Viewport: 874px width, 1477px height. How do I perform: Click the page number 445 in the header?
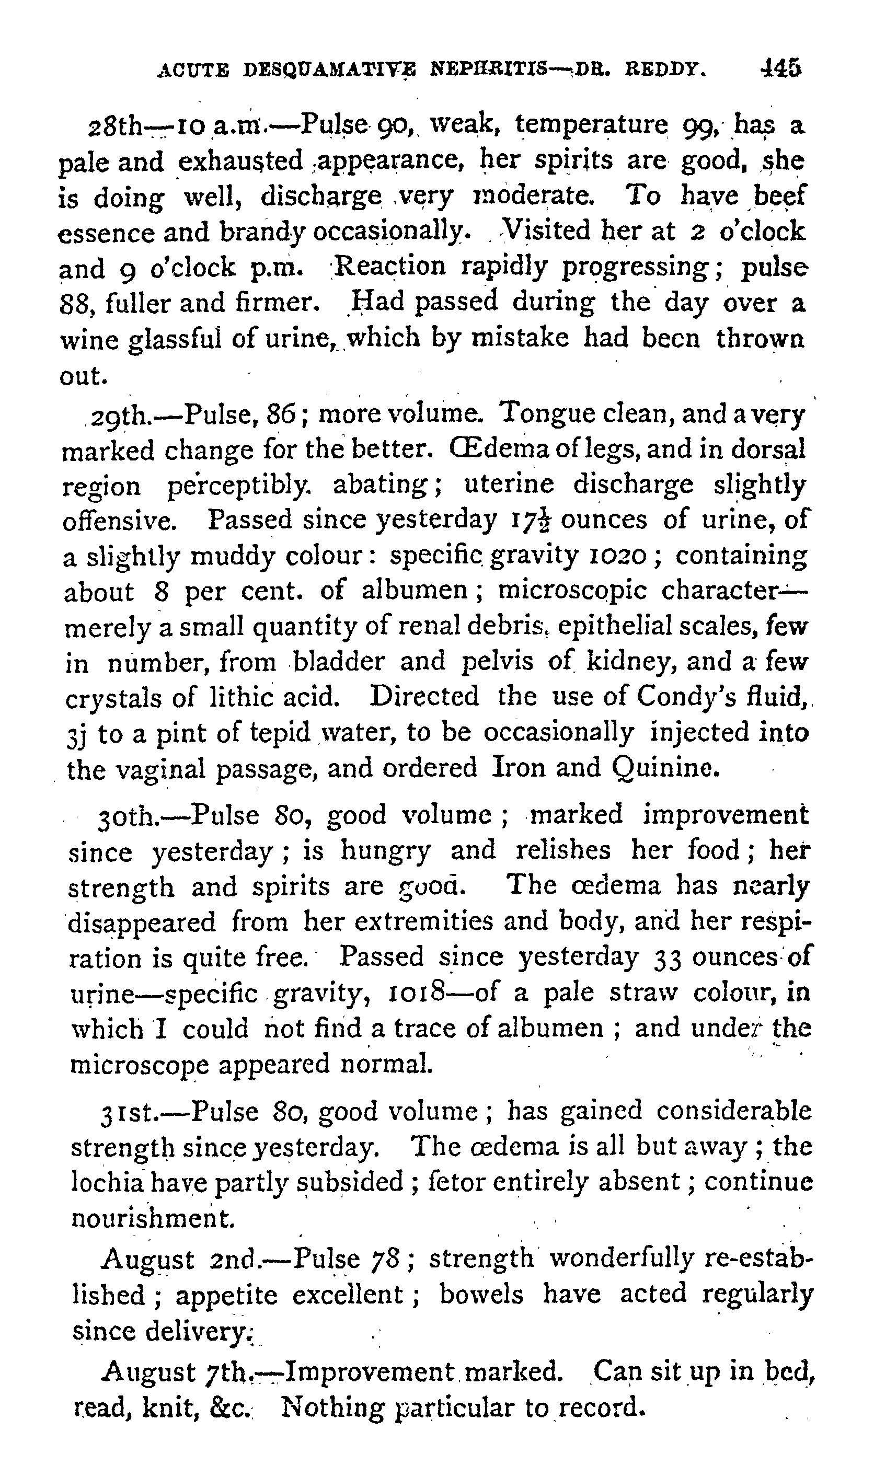pos(781,68)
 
